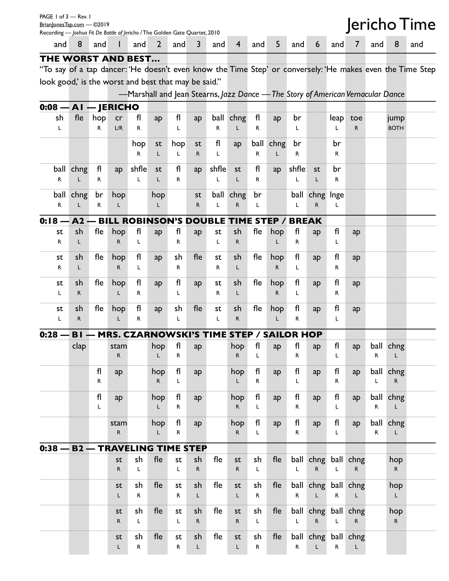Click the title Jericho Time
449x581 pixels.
tap(391, 25)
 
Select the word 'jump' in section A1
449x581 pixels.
tap(396, 118)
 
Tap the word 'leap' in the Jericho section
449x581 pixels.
tap(336, 118)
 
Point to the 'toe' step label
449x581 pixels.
tap(356, 118)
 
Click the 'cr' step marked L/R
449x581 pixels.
tap(119, 118)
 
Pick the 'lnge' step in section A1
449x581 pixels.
tap(336, 195)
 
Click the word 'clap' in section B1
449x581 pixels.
tap(79, 346)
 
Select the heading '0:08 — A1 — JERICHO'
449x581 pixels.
tap(89, 107)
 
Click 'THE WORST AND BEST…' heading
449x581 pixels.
tap(100, 58)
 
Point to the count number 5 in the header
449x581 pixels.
tap(277, 44)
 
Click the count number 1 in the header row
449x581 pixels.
tap(119, 44)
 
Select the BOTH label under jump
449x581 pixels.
tap(396, 128)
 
